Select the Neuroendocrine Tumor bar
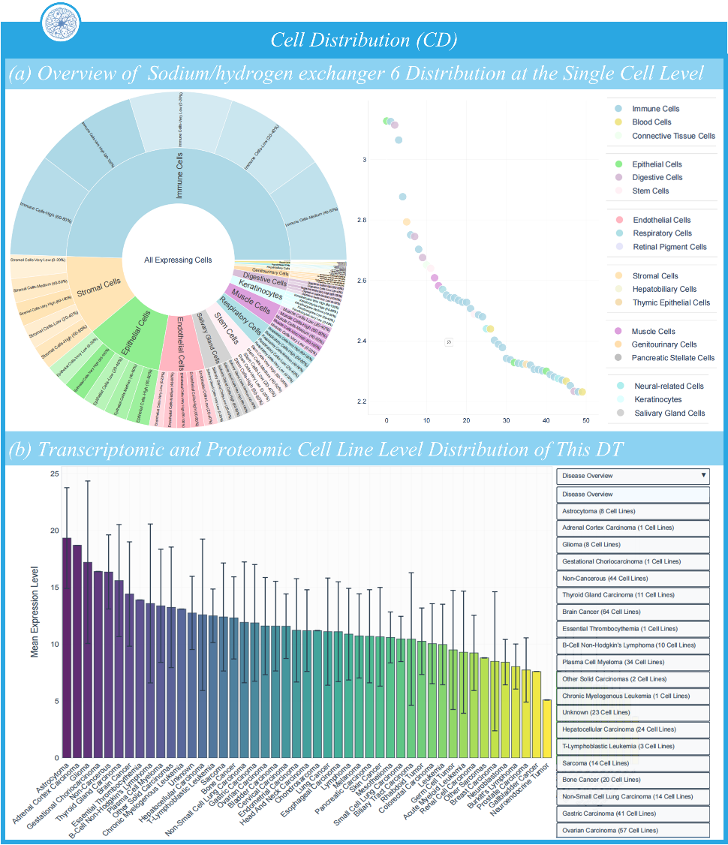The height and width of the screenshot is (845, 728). pos(547,728)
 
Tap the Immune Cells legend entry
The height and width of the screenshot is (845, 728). pos(655,109)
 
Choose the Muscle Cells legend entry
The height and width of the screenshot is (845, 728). pos(653,331)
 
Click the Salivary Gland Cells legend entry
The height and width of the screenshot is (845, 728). pos(669,413)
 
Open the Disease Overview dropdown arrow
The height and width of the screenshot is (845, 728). pos(703,475)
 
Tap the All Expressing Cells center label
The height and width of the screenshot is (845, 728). pos(178,260)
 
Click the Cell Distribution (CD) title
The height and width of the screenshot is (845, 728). pos(364,39)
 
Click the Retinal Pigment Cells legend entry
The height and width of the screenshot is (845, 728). pos(669,246)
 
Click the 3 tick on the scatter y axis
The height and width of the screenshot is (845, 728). pos(365,160)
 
